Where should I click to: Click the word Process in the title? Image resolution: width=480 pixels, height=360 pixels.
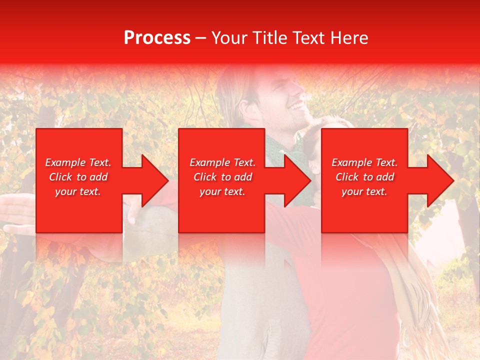click(157, 38)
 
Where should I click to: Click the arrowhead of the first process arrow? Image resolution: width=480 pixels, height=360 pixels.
click(155, 180)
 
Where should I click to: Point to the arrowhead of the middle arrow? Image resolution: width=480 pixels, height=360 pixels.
click(298, 180)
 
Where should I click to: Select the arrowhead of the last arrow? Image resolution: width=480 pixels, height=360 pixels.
click(440, 180)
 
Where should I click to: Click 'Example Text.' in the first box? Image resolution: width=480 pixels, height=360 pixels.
click(78, 162)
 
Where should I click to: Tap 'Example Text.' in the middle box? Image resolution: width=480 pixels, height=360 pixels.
click(222, 162)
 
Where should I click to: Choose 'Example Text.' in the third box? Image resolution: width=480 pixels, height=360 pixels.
click(364, 162)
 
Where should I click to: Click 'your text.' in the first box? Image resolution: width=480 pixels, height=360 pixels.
click(78, 191)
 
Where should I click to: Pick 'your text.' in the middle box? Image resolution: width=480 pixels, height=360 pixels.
click(222, 191)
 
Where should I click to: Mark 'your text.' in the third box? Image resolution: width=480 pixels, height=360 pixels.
click(364, 191)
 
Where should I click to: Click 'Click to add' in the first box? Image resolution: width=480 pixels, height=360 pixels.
click(78, 177)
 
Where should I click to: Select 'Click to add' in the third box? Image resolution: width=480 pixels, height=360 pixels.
click(364, 177)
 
